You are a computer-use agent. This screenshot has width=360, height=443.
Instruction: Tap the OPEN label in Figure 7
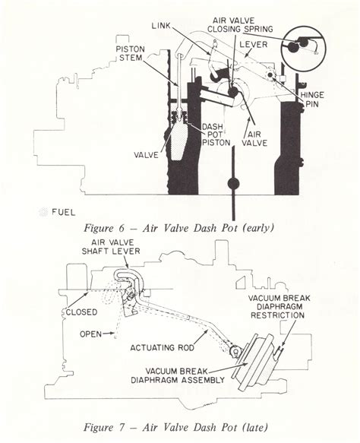click(x=90, y=333)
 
